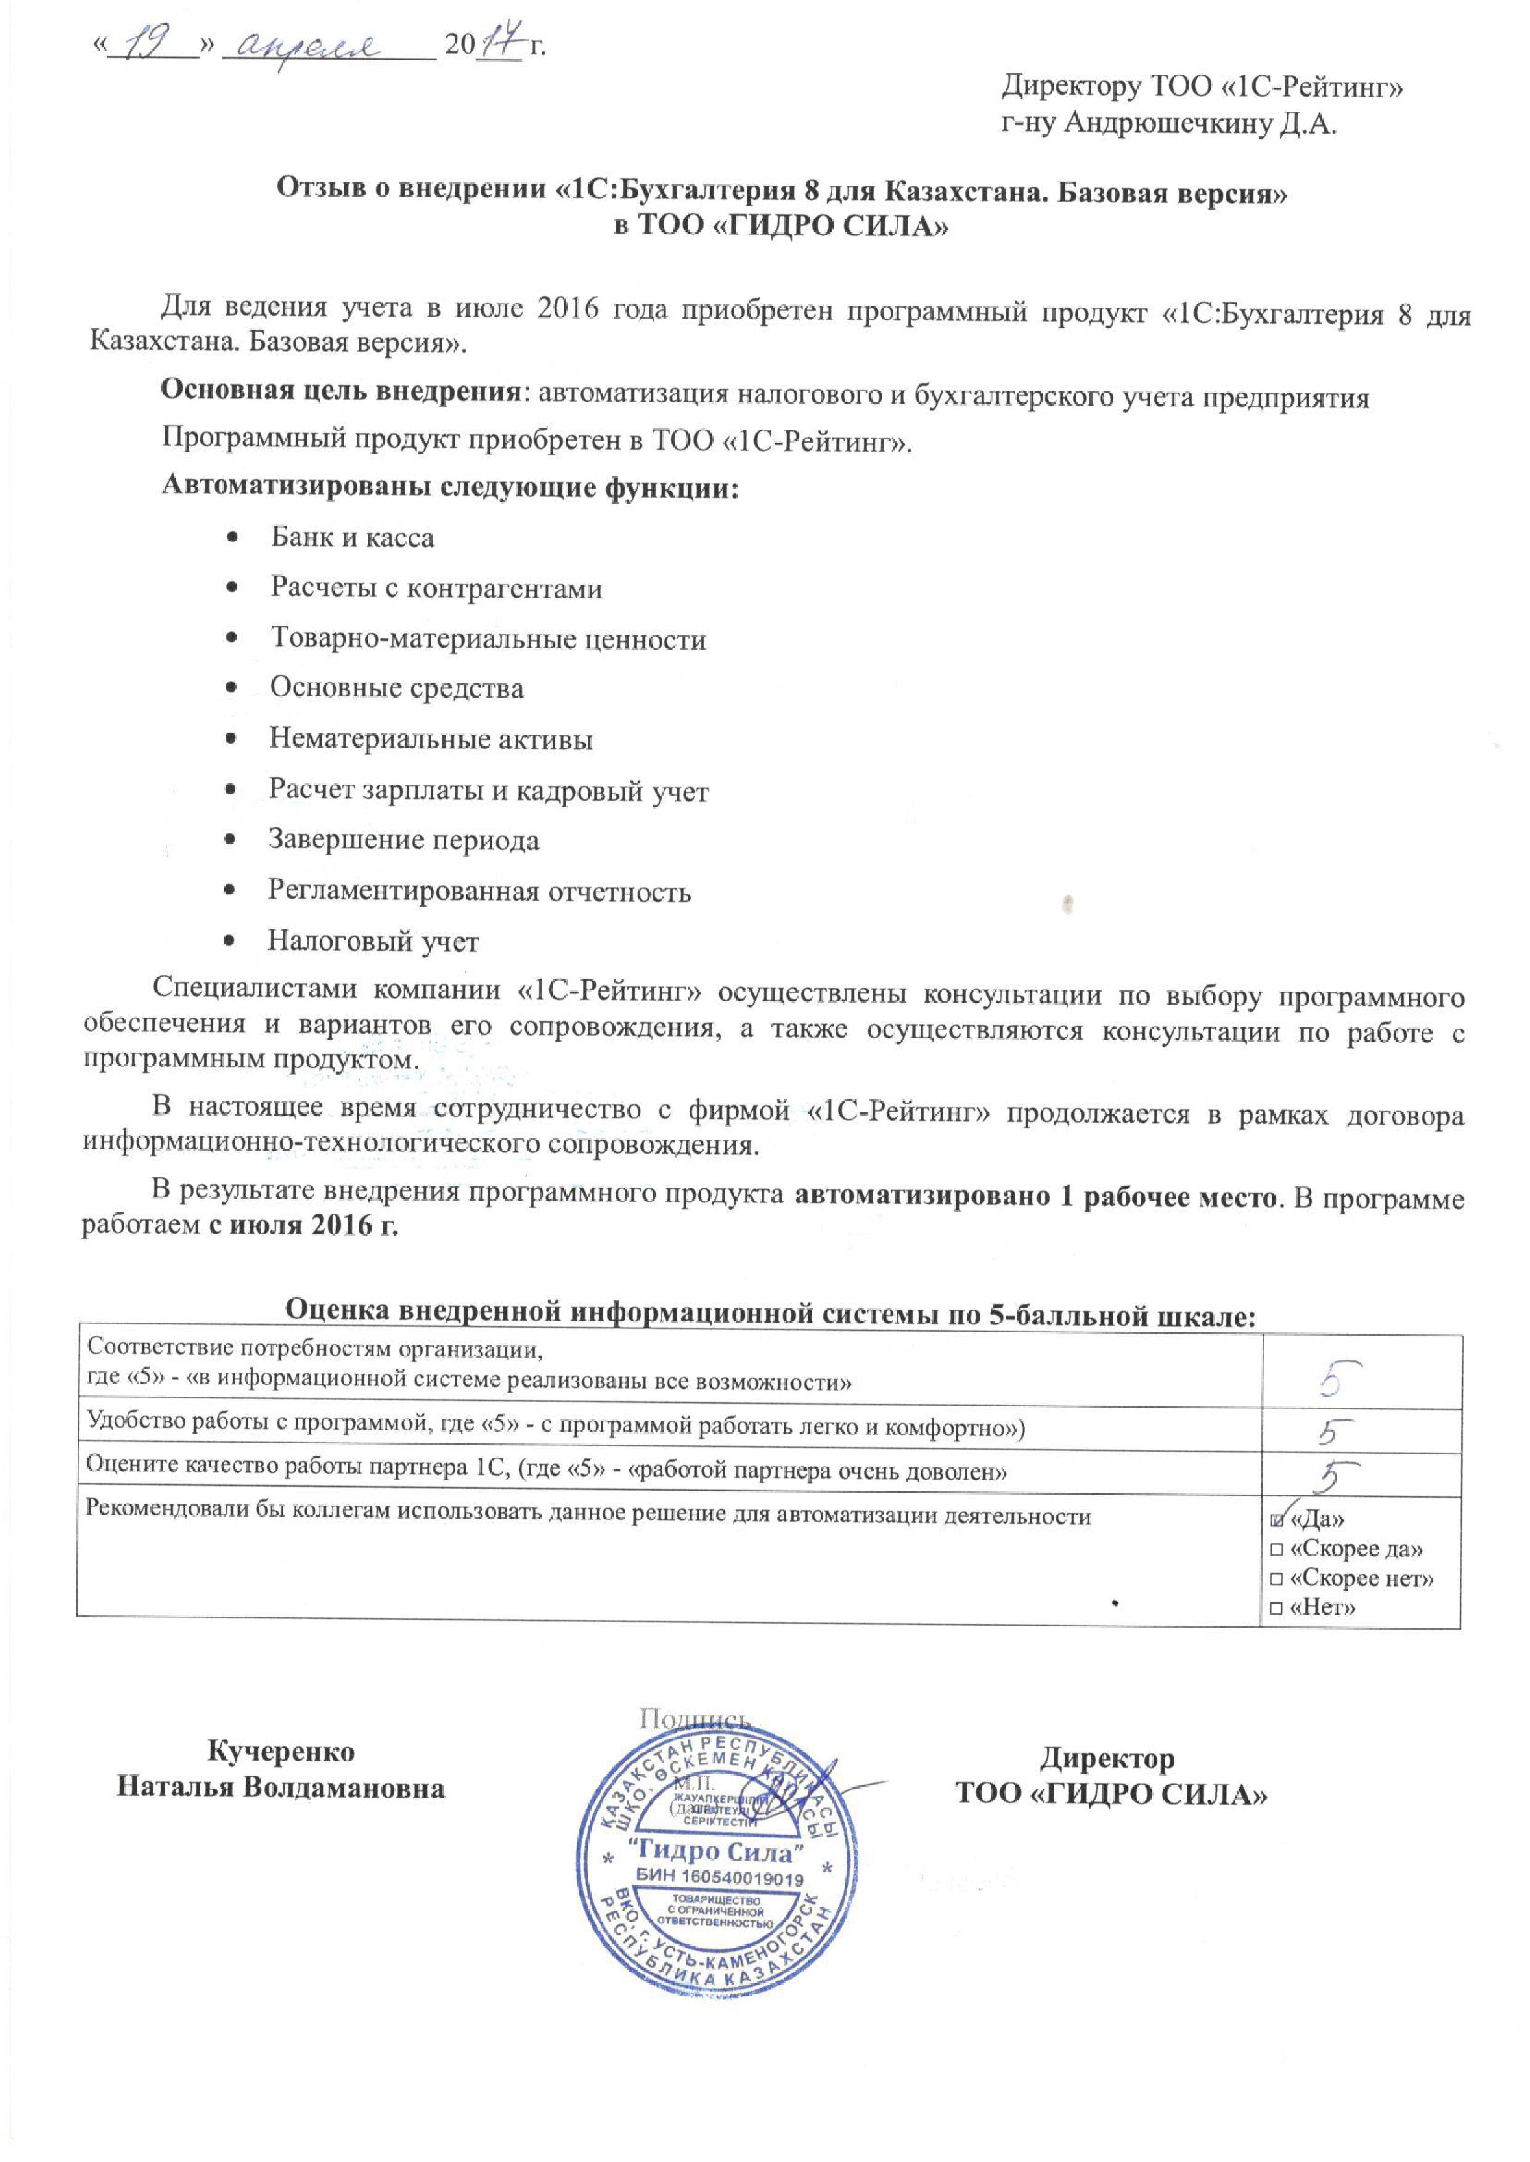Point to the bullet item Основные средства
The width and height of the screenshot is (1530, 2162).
397,688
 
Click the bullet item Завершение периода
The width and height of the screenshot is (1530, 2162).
403,839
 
